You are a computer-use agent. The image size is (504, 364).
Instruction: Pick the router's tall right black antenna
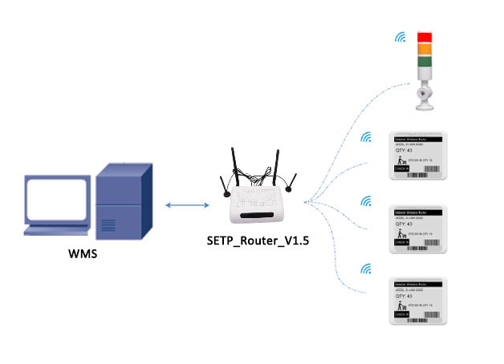click(x=277, y=165)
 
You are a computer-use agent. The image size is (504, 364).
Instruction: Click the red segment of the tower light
click(x=423, y=36)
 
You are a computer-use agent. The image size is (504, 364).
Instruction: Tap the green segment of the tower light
click(x=423, y=61)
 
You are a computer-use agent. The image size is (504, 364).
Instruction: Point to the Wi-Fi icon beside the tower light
click(x=398, y=38)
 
